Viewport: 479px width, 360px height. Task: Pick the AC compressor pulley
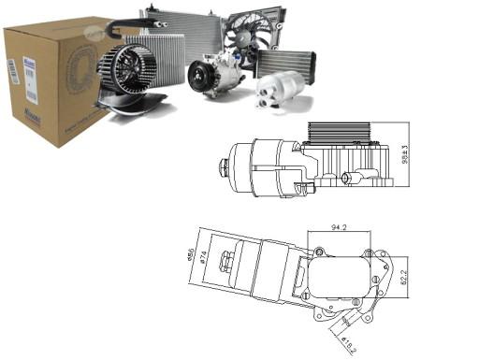(x=199, y=77)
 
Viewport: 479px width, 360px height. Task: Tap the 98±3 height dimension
(x=405, y=155)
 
